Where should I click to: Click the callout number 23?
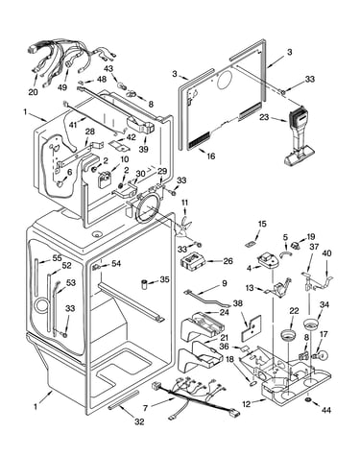coord(264,117)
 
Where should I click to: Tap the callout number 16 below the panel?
coord(211,156)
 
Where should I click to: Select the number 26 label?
coord(228,261)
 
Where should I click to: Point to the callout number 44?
coord(326,410)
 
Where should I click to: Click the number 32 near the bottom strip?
coord(139,421)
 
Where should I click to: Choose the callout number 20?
coord(33,92)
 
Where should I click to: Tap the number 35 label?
coord(164,279)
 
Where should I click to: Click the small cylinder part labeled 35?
coord(146,284)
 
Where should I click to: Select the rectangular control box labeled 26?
coord(192,260)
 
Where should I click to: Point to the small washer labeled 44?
coord(308,400)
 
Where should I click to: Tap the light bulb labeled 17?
coord(321,355)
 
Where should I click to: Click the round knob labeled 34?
coord(311,324)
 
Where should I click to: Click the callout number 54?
coord(116,263)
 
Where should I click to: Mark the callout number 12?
coord(246,404)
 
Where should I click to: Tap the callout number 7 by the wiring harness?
coord(145,408)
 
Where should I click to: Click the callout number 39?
coord(144,149)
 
